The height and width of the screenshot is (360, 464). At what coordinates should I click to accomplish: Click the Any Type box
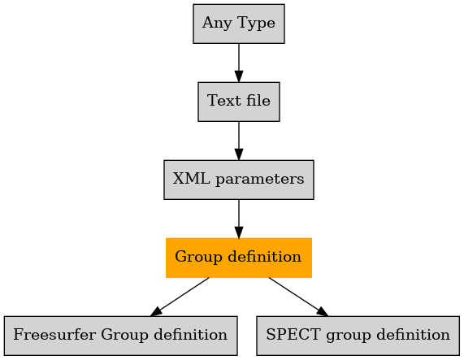239,24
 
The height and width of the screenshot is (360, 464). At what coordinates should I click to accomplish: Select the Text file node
239,102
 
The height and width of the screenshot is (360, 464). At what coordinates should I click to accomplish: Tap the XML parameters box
239,180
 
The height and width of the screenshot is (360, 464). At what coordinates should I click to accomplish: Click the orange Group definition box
239,258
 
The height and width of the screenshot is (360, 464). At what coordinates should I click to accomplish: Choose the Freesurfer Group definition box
121,336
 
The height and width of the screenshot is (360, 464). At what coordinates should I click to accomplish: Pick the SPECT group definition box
358,336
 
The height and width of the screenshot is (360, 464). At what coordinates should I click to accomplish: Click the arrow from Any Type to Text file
239,63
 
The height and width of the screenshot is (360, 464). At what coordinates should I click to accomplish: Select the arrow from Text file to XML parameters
239,141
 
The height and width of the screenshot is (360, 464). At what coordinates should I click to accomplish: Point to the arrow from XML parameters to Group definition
239,219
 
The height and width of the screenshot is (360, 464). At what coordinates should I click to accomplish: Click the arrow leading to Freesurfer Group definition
180,297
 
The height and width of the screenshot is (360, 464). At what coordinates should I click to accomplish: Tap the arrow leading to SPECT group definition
298,297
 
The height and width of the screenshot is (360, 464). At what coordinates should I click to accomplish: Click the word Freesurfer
54,335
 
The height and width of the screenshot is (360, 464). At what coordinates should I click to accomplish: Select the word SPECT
293,335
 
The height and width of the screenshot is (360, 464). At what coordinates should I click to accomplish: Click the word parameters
259,180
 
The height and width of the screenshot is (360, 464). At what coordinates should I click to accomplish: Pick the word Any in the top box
217,24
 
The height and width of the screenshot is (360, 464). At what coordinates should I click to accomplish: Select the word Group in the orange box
198,257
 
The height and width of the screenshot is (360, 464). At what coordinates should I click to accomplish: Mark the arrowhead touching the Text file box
239,76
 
